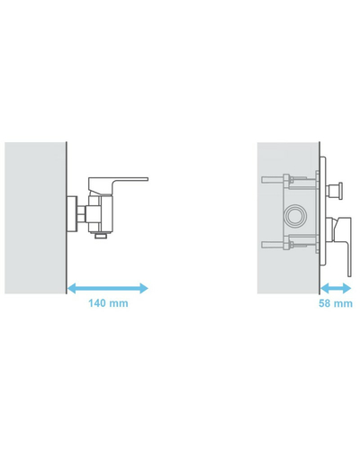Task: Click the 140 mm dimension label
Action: click(x=108, y=303)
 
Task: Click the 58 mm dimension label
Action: click(x=336, y=303)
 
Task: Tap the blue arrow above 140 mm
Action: click(x=107, y=289)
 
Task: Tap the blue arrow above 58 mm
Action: click(x=336, y=289)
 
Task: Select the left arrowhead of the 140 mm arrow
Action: click(x=71, y=289)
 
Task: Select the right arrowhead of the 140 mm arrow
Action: click(x=144, y=289)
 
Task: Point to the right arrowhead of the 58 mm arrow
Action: click(x=347, y=289)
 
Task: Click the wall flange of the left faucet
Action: click(x=72, y=213)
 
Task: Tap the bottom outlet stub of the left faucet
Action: click(x=101, y=236)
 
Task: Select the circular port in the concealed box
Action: click(x=295, y=216)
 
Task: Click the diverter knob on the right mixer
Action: click(x=336, y=190)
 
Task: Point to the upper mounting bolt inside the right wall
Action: click(x=288, y=181)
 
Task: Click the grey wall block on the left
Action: click(x=35, y=218)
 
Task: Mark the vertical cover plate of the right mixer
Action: click(x=322, y=211)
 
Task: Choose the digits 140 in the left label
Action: click(x=97, y=303)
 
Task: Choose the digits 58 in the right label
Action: click(x=324, y=303)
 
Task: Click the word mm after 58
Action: click(x=343, y=304)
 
